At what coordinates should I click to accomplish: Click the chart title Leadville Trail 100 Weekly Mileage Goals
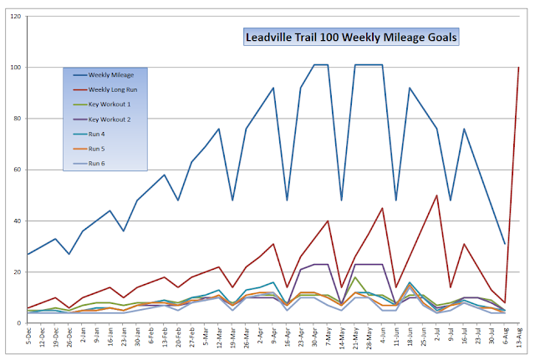click(351, 37)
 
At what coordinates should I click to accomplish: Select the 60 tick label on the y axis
click(16, 170)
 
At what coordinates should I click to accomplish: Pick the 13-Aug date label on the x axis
click(518, 341)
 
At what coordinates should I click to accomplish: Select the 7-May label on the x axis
click(328, 341)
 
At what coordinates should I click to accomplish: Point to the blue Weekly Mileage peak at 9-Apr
click(273, 88)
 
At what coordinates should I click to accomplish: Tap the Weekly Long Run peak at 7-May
click(328, 221)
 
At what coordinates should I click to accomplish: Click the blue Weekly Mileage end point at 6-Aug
click(505, 244)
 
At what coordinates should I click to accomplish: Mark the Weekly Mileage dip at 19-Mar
click(232, 200)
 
